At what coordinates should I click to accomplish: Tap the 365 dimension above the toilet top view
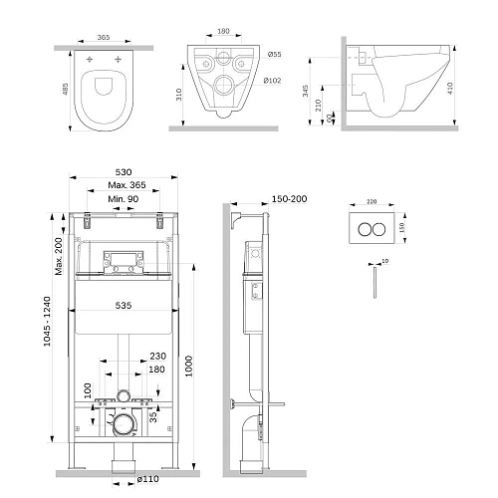(x=104, y=36)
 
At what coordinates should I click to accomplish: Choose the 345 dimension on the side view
(x=333, y=92)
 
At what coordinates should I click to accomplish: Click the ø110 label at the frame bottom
(x=146, y=482)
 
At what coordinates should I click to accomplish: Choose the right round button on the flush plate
(x=382, y=225)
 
